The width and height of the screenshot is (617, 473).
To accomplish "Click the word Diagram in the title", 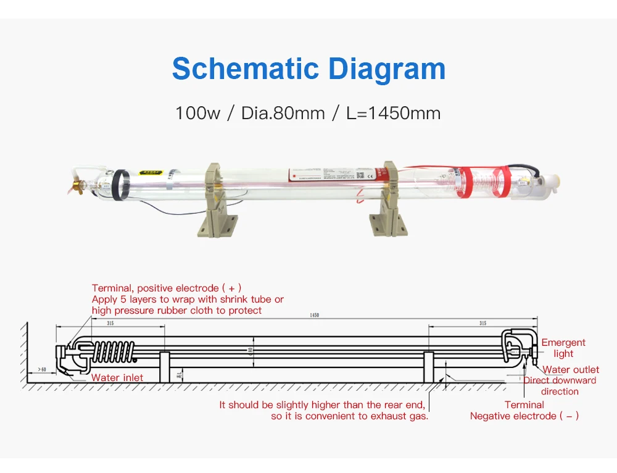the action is click(x=387, y=69).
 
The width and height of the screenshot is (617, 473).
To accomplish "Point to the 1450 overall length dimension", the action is click(x=315, y=316).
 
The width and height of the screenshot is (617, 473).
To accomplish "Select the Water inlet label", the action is click(x=117, y=378).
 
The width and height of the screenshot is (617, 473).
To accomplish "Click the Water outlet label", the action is click(x=571, y=370).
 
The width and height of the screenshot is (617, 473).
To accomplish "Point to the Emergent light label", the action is click(x=563, y=348).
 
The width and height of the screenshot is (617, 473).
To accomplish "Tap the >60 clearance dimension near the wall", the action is click(x=42, y=369).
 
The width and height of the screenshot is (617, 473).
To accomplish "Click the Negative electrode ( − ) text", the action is click(x=524, y=416).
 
